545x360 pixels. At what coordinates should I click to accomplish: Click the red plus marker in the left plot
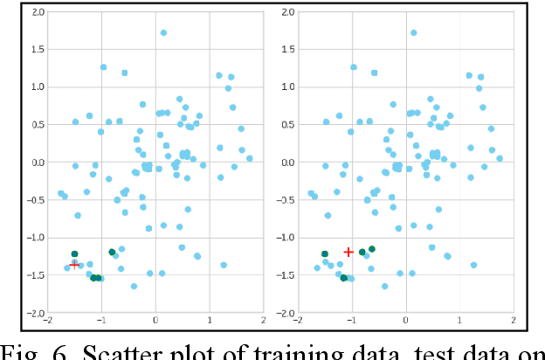coord(74,262)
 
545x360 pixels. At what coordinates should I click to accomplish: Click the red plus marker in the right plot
coord(348,252)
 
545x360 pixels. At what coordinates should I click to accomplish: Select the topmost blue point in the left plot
coord(163,33)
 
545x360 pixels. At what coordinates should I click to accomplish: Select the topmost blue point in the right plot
coord(414,33)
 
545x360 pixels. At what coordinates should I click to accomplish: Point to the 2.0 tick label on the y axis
coord(36,12)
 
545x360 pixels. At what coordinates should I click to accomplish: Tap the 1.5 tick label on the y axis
coord(36,50)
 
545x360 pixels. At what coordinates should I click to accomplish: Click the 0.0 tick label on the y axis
coord(36,163)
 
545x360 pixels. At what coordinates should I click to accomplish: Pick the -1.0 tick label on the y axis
coord(34,238)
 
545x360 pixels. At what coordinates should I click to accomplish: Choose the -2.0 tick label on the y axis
coord(34,313)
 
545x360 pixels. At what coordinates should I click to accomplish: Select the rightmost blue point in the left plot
coord(249,159)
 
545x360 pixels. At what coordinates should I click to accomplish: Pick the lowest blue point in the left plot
coord(134,286)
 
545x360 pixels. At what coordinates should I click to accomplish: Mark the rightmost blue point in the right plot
coord(500,159)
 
